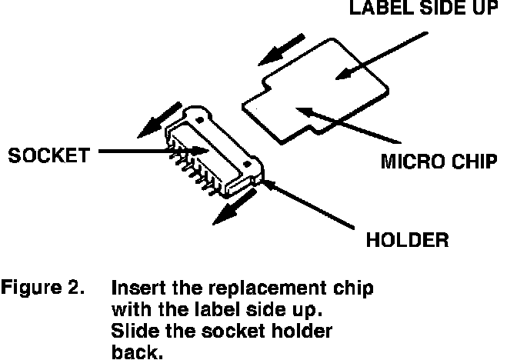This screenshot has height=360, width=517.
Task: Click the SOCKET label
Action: pyautogui.click(x=45, y=155)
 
